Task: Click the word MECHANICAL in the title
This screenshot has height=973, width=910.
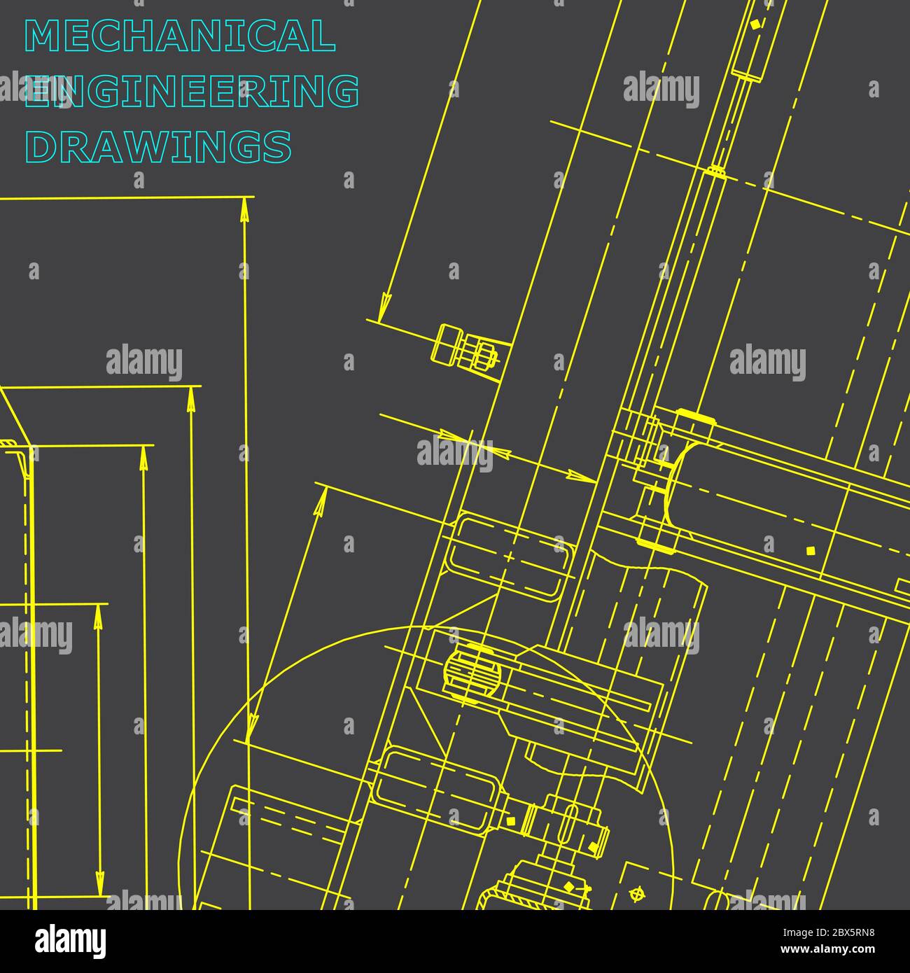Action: pos(180,36)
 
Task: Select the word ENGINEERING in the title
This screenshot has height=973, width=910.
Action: pos(192,92)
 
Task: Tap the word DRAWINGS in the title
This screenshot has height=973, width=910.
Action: pos(158,146)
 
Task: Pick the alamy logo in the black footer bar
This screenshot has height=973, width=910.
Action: pos(71,941)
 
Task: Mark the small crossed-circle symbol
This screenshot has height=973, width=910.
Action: pos(636,894)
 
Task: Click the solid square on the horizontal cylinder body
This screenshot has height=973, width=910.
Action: pos(811,550)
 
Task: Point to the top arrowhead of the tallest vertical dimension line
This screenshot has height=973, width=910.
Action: pos(244,209)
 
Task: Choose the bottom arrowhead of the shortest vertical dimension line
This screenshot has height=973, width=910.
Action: pos(99,883)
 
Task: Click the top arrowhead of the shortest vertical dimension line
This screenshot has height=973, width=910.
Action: pos(98,616)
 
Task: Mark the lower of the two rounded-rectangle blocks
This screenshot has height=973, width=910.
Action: pos(436,784)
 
